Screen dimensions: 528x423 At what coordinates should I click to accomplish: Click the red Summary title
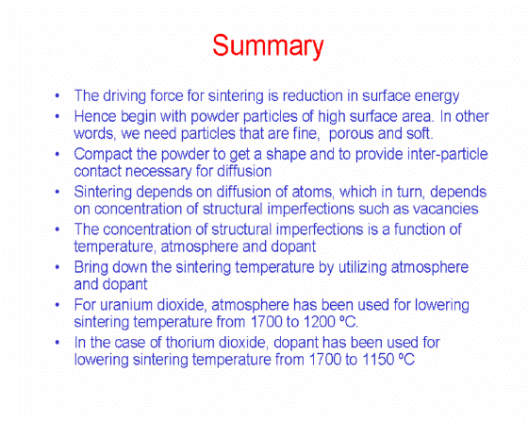[x=268, y=46]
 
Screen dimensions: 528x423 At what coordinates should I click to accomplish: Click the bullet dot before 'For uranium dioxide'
[x=58, y=305]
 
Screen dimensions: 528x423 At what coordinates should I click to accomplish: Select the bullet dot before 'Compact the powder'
[x=58, y=154]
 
